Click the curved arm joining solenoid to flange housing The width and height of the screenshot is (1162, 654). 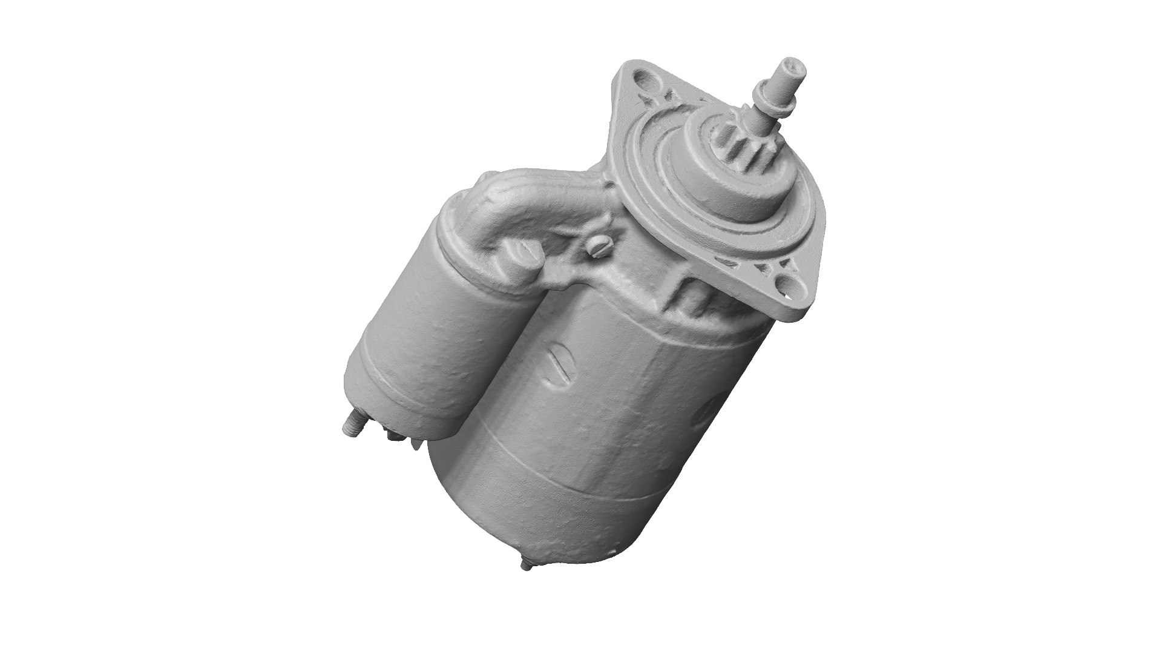coord(533,200)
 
